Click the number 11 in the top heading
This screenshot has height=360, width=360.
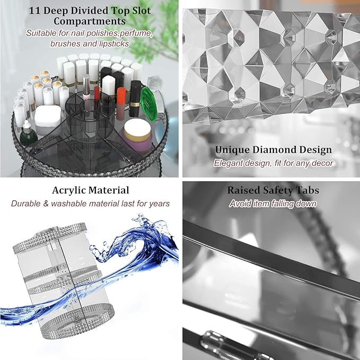click(34, 11)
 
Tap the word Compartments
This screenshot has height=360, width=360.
click(90, 21)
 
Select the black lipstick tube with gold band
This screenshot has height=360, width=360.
click(135, 99)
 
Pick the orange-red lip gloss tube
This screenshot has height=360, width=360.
click(121, 103)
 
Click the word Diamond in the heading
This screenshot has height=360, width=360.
click(275, 150)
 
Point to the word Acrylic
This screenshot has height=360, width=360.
click(68, 190)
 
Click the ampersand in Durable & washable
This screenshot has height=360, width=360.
click(45, 204)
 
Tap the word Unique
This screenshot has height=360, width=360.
click(232, 150)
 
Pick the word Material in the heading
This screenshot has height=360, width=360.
click(109, 190)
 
